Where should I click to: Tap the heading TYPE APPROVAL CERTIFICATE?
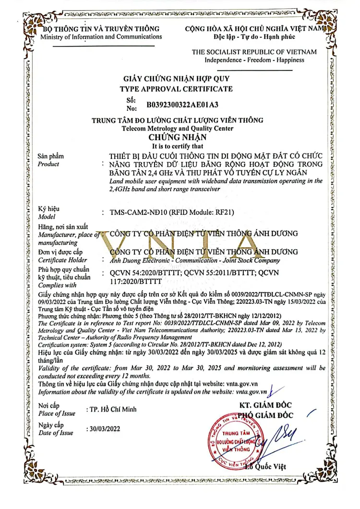point(176,89)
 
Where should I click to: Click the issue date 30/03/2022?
point(103,429)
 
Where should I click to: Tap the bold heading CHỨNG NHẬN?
point(177,138)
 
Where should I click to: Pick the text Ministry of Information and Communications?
point(101,37)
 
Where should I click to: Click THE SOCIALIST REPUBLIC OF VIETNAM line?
point(254,52)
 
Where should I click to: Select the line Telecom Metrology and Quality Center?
point(178,129)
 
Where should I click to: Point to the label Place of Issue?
point(57,414)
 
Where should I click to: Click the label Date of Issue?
point(56,433)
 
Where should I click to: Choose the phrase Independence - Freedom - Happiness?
point(254,60)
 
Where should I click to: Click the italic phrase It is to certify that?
point(178,146)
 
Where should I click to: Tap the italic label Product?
point(48,164)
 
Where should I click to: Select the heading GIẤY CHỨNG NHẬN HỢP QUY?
point(177,79)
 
